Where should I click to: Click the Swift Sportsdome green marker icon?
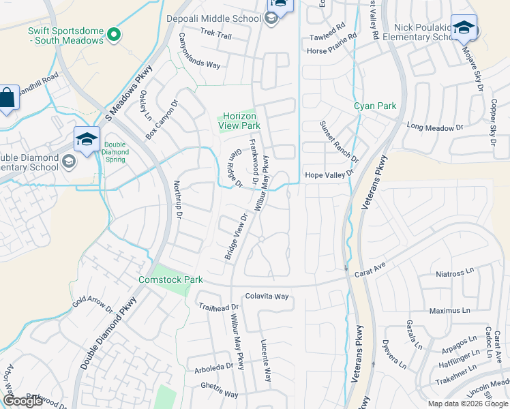coord(115,34)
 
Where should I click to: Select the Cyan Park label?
coord(374,106)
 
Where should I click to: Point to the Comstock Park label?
coord(170,279)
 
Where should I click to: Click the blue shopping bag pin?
coord(6,100)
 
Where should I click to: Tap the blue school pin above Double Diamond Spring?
coord(87,140)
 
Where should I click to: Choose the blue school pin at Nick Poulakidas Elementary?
coord(464,29)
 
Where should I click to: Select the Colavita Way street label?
coord(267,297)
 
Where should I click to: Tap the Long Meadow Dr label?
coord(435,127)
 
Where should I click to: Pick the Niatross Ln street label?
coord(455,274)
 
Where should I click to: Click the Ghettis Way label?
coord(219,394)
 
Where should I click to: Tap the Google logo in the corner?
coord(22,401)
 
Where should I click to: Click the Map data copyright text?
coord(468,404)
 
